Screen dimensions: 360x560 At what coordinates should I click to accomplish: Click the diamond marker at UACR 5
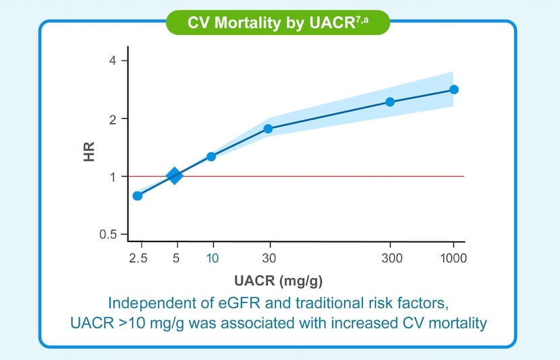(x=174, y=176)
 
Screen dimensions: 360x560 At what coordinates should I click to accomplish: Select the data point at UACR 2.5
(x=138, y=196)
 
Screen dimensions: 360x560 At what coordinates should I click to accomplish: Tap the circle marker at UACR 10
(x=211, y=156)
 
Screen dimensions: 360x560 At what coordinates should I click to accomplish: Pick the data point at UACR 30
(x=268, y=129)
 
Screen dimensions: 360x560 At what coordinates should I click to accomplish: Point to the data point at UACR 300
(x=390, y=102)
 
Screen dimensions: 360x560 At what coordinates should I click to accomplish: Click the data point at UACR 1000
(x=454, y=90)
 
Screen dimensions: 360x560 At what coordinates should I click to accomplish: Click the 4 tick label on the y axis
(x=113, y=61)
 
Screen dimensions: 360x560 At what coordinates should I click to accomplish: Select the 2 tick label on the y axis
(x=113, y=119)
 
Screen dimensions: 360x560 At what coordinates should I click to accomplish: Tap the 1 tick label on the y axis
(x=113, y=177)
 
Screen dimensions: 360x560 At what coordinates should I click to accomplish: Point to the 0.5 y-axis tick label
(x=108, y=235)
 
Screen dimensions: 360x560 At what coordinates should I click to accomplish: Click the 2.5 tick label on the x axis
(x=138, y=258)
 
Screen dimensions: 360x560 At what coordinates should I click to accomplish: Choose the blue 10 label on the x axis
(x=213, y=258)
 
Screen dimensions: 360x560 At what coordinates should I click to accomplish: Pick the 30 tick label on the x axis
(x=269, y=258)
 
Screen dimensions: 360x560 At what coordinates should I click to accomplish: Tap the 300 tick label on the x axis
(x=391, y=258)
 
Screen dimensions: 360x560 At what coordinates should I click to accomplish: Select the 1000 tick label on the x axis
(x=453, y=258)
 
